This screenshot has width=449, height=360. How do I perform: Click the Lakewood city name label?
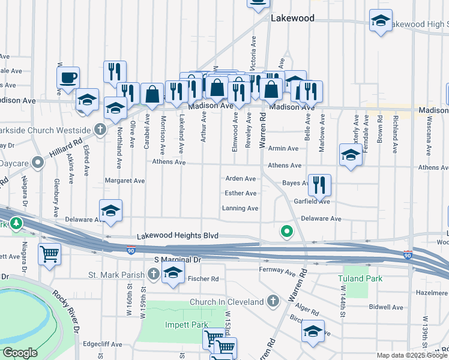(292, 18)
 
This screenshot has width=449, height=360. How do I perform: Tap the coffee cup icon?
(68, 77)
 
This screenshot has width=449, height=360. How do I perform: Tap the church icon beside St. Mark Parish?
(154, 275)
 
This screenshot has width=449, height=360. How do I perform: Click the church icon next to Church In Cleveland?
(273, 301)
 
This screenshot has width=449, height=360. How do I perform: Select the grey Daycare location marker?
(38, 162)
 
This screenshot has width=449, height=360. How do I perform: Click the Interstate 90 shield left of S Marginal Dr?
(131, 250)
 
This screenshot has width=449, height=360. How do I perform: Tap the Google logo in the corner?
(20, 353)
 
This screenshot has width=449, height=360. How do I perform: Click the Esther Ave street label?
(240, 193)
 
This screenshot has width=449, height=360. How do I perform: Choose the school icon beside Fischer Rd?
(173, 275)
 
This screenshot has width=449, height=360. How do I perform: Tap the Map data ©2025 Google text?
(412, 355)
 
